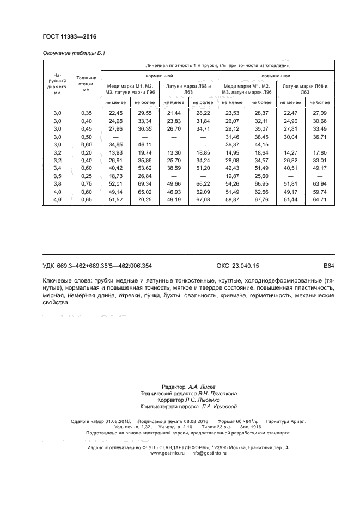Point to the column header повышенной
point(276,76)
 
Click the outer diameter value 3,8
point(57,184)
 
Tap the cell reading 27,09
point(319,112)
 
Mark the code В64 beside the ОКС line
point(328,266)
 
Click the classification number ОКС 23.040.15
point(238,266)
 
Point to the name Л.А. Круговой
point(219,406)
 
